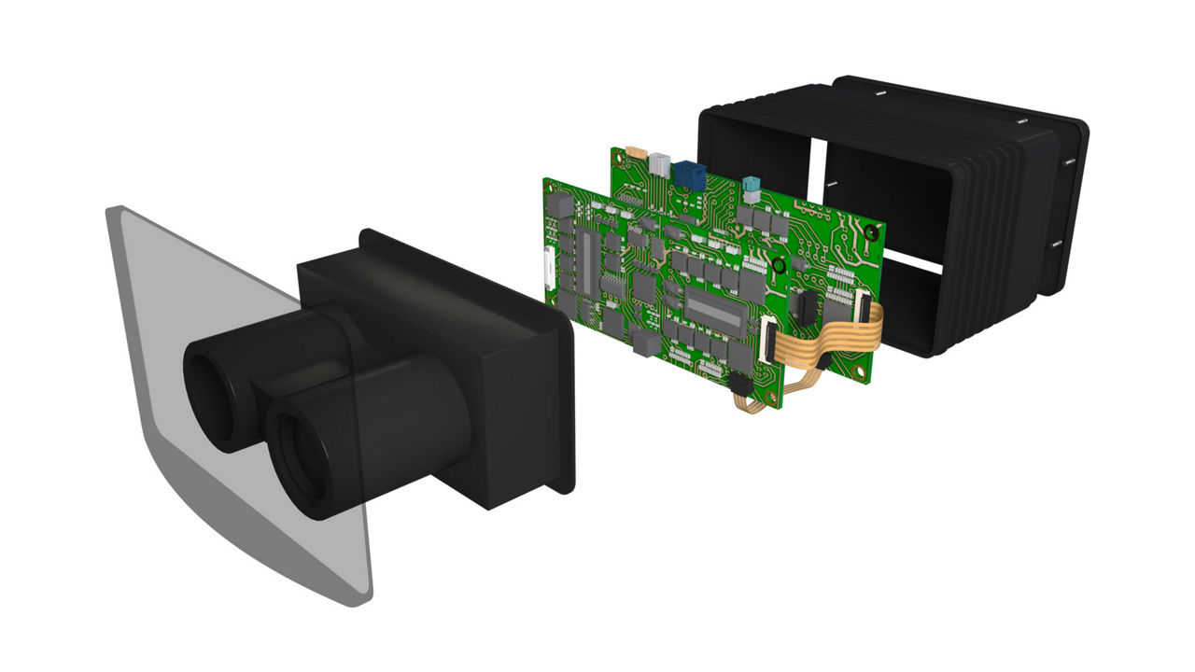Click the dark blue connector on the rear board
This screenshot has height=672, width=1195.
[691, 175]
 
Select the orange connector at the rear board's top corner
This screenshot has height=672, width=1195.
[637, 152]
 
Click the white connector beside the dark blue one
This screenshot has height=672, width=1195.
[661, 165]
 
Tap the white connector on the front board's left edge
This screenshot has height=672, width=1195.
[550, 272]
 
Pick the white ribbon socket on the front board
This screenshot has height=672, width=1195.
[767, 337]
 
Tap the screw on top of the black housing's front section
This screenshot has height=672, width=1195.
[880, 93]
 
